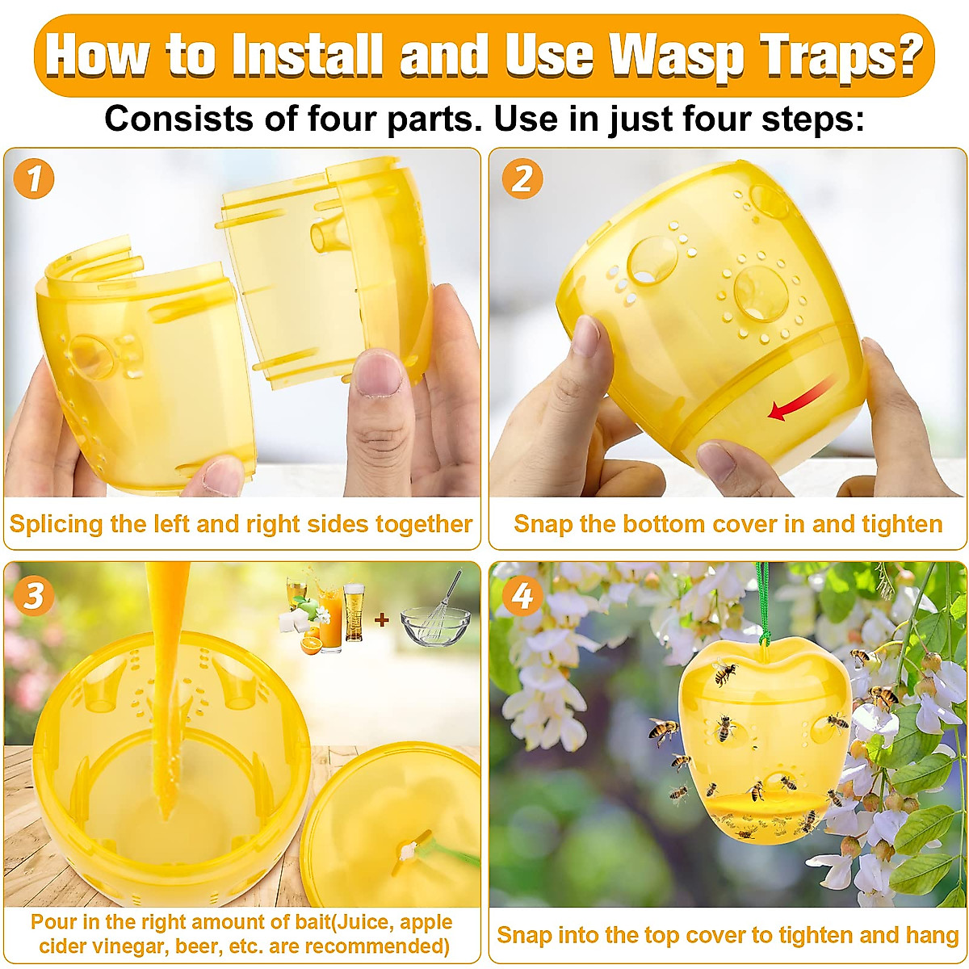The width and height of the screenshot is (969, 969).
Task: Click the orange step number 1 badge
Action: tap(33, 178)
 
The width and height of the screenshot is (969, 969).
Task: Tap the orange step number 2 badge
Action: tap(522, 178)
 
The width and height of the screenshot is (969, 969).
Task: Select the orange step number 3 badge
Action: tap(33, 596)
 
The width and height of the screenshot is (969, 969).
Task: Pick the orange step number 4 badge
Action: tap(522, 596)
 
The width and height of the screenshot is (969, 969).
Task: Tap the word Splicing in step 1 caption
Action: tap(57, 524)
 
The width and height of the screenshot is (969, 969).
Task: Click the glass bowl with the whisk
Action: tap(434, 622)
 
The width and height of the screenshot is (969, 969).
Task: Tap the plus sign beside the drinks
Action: tap(382, 620)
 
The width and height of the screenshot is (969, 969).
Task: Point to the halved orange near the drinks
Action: tap(310, 644)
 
